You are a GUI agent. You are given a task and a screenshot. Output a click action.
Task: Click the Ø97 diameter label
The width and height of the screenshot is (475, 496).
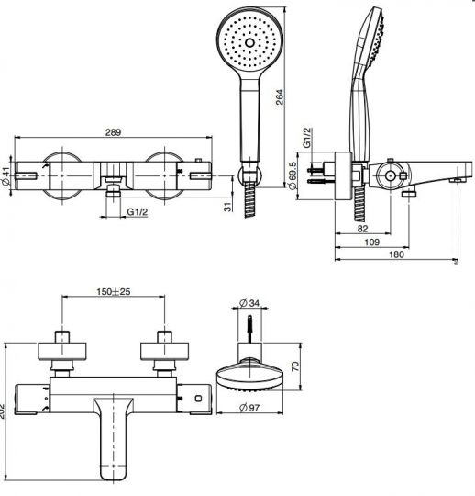(248, 407)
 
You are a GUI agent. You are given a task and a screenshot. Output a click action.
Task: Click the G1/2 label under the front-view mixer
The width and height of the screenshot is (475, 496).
(138, 213)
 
